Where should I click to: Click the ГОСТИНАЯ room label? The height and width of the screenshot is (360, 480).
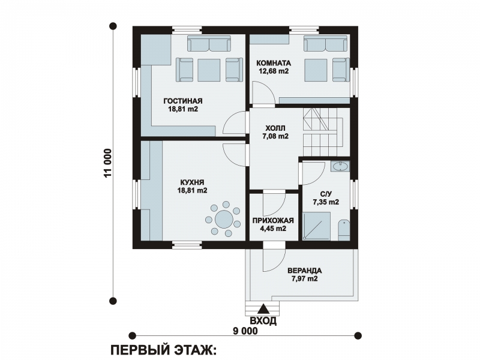tap(183, 101)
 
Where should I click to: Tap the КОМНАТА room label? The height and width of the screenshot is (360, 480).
tap(274, 64)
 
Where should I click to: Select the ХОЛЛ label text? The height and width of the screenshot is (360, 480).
tap(275, 128)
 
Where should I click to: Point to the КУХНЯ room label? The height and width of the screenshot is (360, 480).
tap(192, 182)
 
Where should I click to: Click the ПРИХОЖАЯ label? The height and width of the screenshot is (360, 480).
tap(273, 221)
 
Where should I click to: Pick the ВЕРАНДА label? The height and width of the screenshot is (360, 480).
tap(305, 271)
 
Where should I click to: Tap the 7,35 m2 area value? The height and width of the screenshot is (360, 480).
tap(326, 202)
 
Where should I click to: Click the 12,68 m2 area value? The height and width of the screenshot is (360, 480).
tap(274, 71)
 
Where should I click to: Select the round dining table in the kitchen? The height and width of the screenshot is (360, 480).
tap(224, 218)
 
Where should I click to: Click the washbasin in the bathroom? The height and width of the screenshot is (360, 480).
tap(340, 167)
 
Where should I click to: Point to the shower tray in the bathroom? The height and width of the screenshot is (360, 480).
tap(317, 226)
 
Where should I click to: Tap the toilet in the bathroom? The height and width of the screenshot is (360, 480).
tap(344, 230)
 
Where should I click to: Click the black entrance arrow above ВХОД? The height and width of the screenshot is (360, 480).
tap(263, 309)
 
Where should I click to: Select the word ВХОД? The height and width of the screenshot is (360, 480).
tap(263, 321)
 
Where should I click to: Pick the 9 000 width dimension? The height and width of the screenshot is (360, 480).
tap(245, 331)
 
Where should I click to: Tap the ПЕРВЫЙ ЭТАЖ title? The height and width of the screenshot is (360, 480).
tap(163, 350)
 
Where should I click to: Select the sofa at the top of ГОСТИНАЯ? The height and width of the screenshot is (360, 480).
tap(209, 43)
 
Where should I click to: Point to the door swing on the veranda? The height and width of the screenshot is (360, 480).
tap(274, 260)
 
